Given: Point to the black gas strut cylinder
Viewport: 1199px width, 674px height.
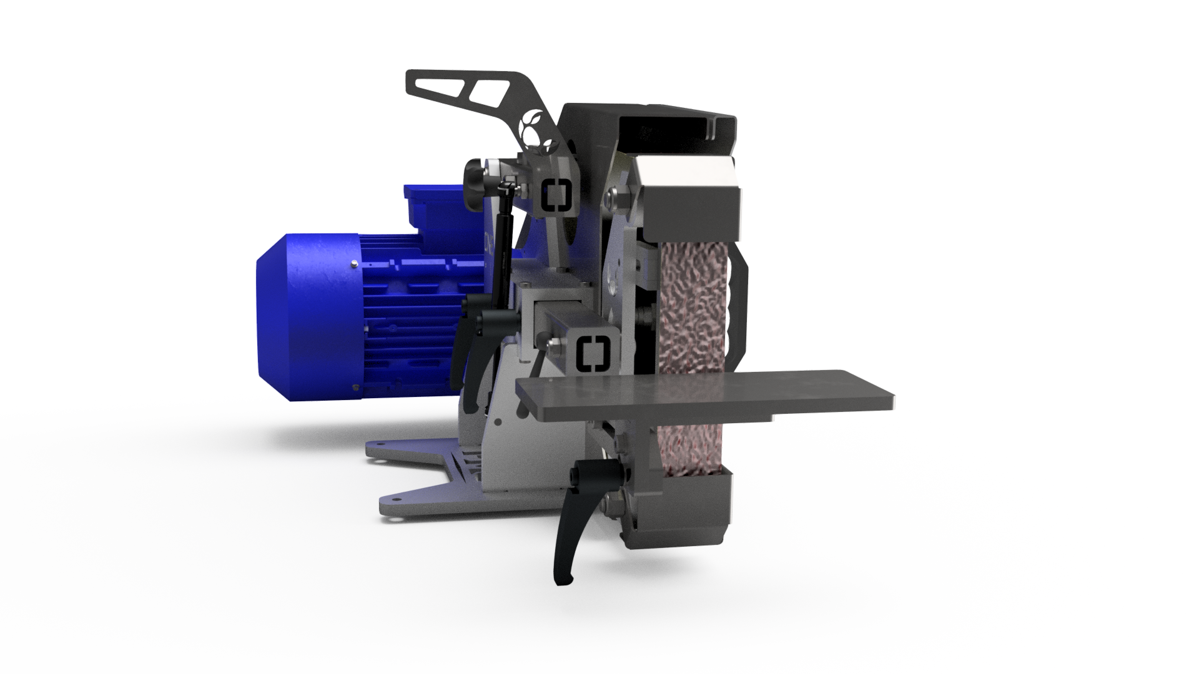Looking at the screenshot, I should pos(503,250).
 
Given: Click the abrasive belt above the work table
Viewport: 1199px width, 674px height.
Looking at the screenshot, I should pos(693,306).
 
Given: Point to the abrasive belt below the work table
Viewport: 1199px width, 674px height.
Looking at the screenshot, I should pos(687,443).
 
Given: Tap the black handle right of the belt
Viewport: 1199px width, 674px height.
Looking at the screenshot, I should pos(742,300).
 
